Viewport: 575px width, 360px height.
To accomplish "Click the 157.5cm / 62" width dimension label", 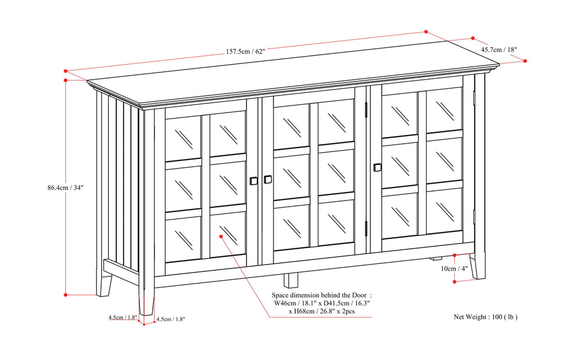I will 245,51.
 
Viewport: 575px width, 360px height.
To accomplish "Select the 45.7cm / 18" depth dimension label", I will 499,49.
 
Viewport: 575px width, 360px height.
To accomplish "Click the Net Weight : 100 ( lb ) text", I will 485,317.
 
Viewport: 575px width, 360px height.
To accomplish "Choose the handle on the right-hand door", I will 377,167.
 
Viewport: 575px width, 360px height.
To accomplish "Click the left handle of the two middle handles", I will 253,181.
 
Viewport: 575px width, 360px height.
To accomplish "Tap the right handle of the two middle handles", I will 267,179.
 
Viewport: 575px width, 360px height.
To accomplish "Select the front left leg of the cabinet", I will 147,298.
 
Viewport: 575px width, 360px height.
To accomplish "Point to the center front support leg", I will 290,280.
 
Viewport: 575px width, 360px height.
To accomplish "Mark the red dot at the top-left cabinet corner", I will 66,71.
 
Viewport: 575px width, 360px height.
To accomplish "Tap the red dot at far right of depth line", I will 525,61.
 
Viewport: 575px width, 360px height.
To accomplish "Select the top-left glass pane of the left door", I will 183,138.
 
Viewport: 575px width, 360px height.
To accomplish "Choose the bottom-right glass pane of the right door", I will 444,211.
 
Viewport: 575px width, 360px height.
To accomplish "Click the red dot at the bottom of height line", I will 66,294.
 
